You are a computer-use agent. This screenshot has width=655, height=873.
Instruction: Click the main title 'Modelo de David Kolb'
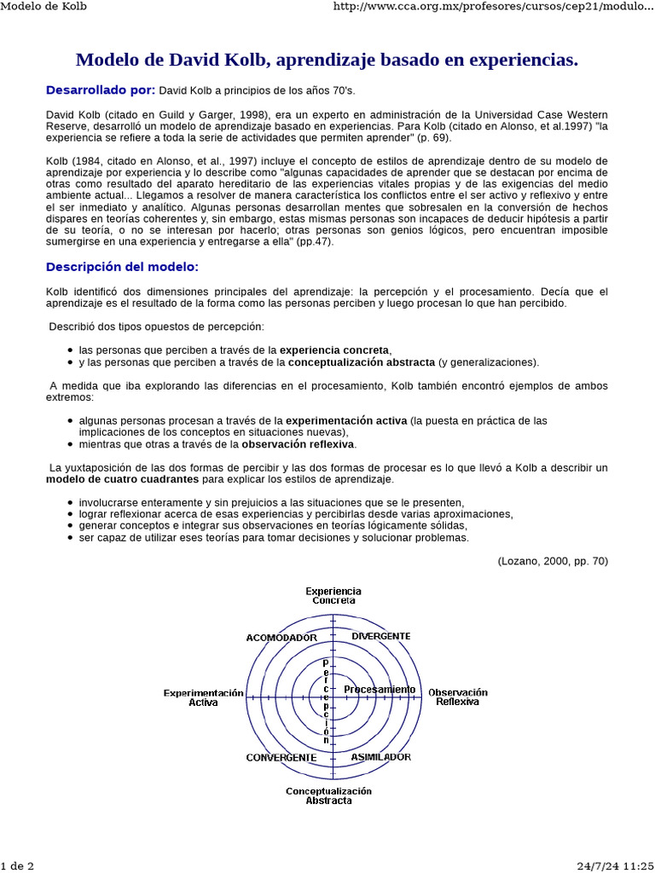pyautogui.click(x=327, y=60)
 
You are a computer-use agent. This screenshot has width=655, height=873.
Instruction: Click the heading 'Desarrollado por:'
pyautogui.click(x=101, y=90)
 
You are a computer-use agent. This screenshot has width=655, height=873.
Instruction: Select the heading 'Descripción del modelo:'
pyautogui.click(x=122, y=267)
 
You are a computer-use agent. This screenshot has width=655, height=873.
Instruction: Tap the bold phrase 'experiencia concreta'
pyautogui.click(x=335, y=350)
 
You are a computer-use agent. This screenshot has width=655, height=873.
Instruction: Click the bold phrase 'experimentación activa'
pyautogui.click(x=346, y=420)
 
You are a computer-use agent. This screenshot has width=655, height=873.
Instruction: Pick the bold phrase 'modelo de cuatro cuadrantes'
pyautogui.click(x=121, y=479)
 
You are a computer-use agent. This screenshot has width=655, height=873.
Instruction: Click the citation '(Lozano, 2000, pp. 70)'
pyautogui.click(x=553, y=560)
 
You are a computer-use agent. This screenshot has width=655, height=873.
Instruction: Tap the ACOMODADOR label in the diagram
pyautogui.click(x=281, y=638)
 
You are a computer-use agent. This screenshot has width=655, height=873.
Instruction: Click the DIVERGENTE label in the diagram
pyautogui.click(x=381, y=636)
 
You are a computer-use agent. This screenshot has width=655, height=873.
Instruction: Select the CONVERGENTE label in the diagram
pyautogui.click(x=281, y=757)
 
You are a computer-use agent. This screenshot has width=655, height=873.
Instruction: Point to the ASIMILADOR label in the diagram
pyautogui.click(x=381, y=757)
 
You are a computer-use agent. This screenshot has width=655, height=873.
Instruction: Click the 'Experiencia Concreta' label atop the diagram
pyautogui.click(x=333, y=595)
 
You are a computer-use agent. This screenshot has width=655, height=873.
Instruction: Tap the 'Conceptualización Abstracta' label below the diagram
pyautogui.click(x=328, y=795)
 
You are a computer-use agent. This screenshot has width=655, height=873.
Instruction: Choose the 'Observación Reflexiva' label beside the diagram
pyautogui.click(x=458, y=697)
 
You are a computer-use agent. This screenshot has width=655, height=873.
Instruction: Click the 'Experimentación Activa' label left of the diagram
pyautogui.click(x=204, y=697)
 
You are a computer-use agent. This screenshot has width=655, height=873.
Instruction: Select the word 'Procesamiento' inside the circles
pyautogui.click(x=380, y=689)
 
